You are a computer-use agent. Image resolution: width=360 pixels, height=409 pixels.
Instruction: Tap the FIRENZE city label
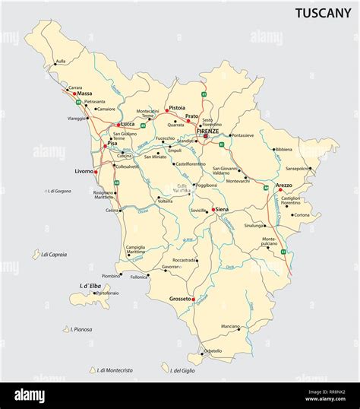pos(207,132)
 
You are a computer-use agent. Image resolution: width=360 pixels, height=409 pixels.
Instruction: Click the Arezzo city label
pos(283,185)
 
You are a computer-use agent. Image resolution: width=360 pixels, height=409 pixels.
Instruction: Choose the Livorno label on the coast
pos(84,171)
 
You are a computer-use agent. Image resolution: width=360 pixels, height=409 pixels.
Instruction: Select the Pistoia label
pos(175,108)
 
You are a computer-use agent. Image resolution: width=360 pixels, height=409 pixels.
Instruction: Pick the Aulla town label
pos(61,61)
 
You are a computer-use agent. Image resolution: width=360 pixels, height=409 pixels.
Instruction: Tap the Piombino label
pos(110,276)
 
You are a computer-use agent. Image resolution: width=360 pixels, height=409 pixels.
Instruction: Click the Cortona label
pos(302,214)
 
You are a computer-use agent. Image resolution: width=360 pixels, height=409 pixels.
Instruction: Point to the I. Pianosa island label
pos(81,329)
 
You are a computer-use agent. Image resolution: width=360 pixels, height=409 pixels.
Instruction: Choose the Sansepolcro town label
pos(297,168)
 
